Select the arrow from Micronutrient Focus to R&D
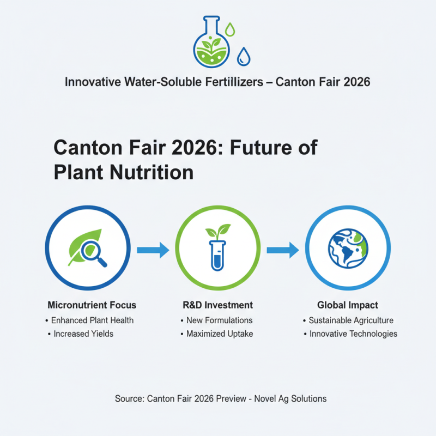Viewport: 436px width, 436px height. pos(153,250)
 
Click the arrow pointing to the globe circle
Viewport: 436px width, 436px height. pos(283,250)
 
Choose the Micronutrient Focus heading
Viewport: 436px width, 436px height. pos(92,305)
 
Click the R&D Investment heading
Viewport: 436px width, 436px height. pos(217,305)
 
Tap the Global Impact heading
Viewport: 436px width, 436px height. pos(348,305)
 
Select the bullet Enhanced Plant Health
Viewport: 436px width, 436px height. pos(92,320)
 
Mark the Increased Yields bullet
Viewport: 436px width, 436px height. pos(83,334)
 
